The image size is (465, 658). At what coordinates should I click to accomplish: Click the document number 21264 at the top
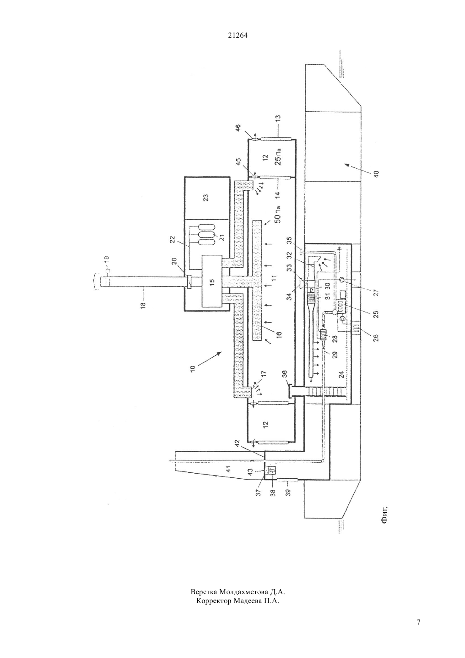[x=238, y=35]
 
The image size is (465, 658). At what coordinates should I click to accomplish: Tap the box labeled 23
[x=206, y=197]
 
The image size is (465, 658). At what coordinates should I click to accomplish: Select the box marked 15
[x=212, y=281]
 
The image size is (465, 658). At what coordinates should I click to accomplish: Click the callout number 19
[x=107, y=260]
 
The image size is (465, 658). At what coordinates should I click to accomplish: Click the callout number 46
[x=238, y=129]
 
